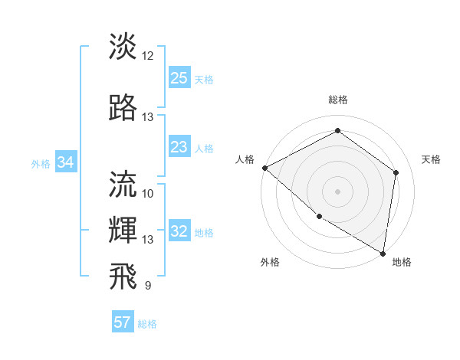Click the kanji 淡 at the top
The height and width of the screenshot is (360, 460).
coord(123,47)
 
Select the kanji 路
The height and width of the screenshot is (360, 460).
coord(123,109)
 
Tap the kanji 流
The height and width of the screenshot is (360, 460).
coord(123,184)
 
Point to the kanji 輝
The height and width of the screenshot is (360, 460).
coord(123,230)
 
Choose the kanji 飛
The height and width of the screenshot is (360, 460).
coord(123,276)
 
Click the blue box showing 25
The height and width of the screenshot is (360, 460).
coord(179,78)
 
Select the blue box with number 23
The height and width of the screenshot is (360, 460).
coord(179,148)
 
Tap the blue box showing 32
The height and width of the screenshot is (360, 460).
coord(179,232)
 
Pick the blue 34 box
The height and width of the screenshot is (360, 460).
coord(66,162)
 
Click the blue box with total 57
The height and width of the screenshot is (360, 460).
coord(123,322)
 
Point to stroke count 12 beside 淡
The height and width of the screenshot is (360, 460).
coord(148,56)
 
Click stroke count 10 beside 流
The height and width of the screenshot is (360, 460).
coord(148,193)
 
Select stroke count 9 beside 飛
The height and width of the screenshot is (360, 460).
coord(148,286)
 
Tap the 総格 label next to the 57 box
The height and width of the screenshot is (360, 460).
coord(147,324)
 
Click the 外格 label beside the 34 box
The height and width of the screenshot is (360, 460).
coord(41,164)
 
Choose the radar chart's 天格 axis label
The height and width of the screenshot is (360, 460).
coord(431,159)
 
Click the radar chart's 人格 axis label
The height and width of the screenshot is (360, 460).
coord(245,159)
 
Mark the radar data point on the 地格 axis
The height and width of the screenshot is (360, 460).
coord(383,252)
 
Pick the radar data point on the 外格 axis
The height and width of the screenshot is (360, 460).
coord(319,216)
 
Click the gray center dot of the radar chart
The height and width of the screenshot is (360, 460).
coord(337,191)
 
